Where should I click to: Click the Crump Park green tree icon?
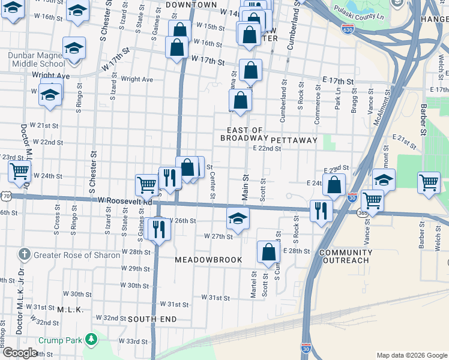91,340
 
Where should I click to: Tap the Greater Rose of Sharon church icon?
23,254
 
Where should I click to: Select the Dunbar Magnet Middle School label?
37,59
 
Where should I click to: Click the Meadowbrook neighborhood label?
208,260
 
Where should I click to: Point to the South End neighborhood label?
152,319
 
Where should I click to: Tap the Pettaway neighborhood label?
294,140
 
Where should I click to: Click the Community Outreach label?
344,256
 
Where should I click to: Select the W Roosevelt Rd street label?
125,201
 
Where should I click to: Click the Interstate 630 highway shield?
348,28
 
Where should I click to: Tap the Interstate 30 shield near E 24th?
352,197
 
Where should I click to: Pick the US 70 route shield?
5,196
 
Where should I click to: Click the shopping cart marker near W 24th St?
19,171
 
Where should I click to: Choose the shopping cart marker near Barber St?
429,182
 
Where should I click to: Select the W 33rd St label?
133,341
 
